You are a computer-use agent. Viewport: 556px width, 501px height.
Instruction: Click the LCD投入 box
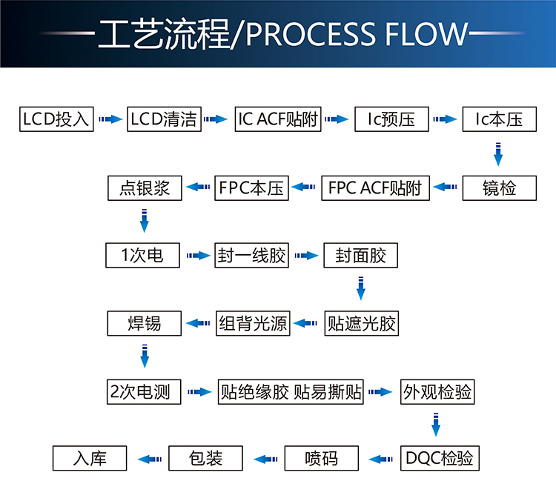pyautogui.click(x=56, y=119)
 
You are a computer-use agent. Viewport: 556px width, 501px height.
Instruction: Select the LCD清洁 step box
pyautogui.click(x=164, y=119)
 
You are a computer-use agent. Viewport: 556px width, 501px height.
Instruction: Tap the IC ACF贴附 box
pyautogui.click(x=278, y=119)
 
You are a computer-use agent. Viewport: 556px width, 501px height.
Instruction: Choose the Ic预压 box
pyautogui.click(x=391, y=119)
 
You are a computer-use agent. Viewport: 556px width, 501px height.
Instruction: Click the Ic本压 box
pyautogui.click(x=500, y=119)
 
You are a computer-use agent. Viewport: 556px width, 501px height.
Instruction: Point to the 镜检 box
pyautogui.click(x=500, y=188)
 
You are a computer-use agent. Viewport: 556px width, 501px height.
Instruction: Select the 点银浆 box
pyautogui.click(x=144, y=188)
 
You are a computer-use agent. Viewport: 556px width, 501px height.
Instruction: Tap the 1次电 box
pyautogui.click(x=144, y=256)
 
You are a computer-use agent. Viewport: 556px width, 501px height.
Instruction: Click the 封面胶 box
pyautogui.click(x=361, y=256)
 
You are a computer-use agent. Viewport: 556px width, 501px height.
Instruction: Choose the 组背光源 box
pyautogui.click(x=252, y=324)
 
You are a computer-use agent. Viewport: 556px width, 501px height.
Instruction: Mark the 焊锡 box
pyautogui.click(x=144, y=324)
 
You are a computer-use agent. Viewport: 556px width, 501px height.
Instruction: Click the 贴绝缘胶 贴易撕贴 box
pyautogui.click(x=291, y=392)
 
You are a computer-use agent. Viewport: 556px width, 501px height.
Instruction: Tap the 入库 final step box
pyautogui.click(x=90, y=459)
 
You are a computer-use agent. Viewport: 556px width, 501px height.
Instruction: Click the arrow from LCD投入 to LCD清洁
pyautogui.click(x=110, y=119)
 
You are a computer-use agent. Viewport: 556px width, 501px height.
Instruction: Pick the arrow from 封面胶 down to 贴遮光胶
pyautogui.click(x=361, y=289)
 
